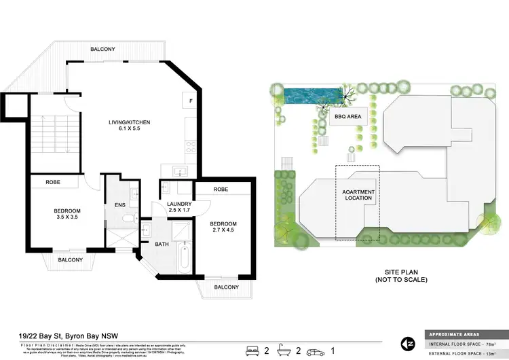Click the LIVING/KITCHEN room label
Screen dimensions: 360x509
tap(129, 126)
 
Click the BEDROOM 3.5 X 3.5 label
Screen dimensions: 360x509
tap(67, 215)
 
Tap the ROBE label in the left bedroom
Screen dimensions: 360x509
tap(54, 182)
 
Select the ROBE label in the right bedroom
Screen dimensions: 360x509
tap(220, 190)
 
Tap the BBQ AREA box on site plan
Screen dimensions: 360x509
tap(347, 117)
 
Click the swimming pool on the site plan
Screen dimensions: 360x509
tap(309, 95)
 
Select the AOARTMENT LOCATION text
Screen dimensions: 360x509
tap(358, 196)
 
